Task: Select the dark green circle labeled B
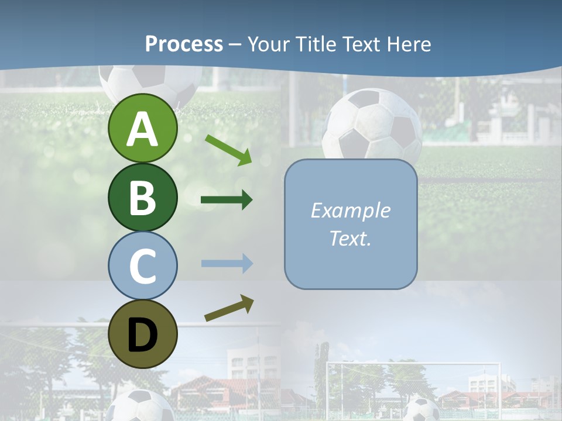tap(142, 197)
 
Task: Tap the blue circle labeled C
tap(142, 265)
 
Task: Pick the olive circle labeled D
tap(142, 334)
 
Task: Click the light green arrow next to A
tap(228, 149)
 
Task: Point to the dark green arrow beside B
tap(227, 200)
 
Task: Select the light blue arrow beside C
tap(227, 263)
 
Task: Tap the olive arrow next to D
tap(229, 308)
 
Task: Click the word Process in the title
tap(184, 44)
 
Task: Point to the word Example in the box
tap(350, 210)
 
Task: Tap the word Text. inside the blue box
tap(350, 238)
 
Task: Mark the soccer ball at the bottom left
tap(140, 406)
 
